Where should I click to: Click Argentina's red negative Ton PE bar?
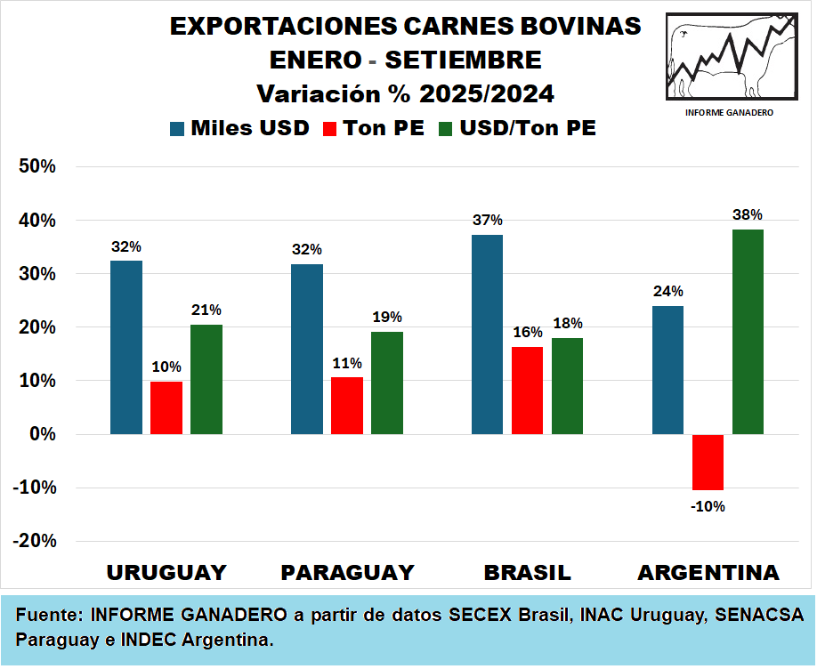[x=708, y=462]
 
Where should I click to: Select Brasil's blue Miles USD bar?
[x=487, y=334]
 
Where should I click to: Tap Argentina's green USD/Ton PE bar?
[x=748, y=332]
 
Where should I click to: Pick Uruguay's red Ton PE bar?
[x=166, y=407]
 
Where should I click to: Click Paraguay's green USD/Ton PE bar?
[x=387, y=383]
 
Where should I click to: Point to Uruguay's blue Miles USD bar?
[x=126, y=347]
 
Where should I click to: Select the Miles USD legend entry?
[x=239, y=128]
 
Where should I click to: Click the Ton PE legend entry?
[x=373, y=128]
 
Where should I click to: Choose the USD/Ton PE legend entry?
[x=516, y=128]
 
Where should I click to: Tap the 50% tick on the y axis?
[x=38, y=167]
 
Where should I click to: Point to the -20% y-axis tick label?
[x=35, y=542]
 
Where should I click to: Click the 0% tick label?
[x=44, y=435]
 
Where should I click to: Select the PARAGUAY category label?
[x=348, y=572]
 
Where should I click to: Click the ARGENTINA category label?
[x=708, y=572]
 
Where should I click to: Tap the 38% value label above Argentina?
[x=748, y=214]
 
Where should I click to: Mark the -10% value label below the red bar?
[x=708, y=506]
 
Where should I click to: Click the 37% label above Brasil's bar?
[x=488, y=221]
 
